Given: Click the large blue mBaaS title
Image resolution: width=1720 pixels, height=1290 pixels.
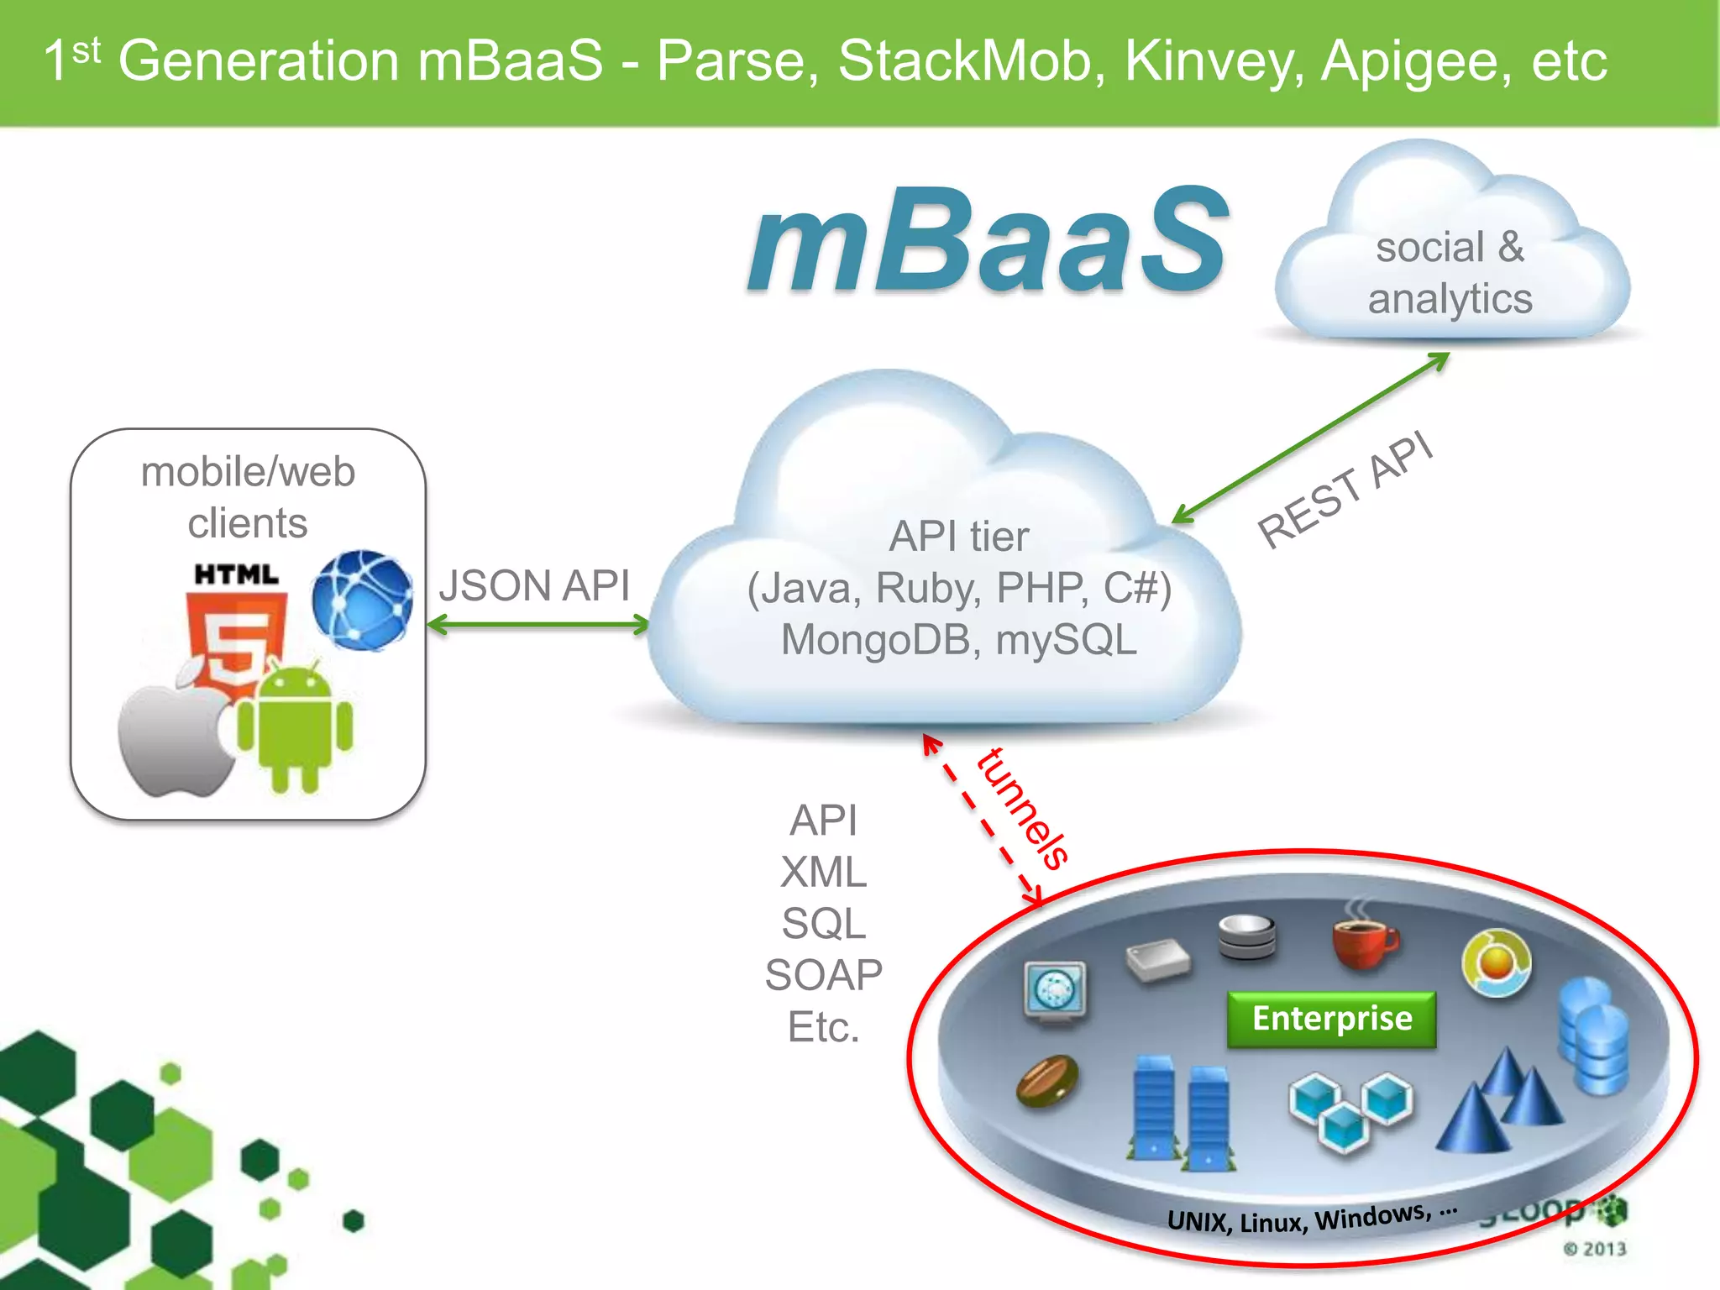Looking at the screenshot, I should pyautogui.click(x=988, y=242).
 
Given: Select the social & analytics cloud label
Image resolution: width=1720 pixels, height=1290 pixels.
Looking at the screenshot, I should pyautogui.click(x=1450, y=273).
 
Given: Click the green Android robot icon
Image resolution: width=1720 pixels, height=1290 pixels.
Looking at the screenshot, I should pyautogui.click(x=295, y=727).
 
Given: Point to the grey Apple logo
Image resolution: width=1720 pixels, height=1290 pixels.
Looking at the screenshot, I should pyautogui.click(x=175, y=735).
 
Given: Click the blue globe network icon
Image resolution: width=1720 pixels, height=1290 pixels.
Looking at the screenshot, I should pyautogui.click(x=362, y=600).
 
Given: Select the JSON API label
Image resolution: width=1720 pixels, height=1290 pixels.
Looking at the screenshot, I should pyautogui.click(x=534, y=585).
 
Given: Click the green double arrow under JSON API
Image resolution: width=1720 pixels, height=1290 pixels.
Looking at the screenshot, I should pyautogui.click(x=537, y=625).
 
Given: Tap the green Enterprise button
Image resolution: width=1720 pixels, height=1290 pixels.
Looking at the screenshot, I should pyautogui.click(x=1331, y=1019).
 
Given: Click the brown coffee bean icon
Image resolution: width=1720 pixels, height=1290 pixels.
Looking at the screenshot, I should pyautogui.click(x=1047, y=1082).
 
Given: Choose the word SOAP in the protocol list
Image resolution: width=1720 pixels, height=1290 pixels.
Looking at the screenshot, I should pyautogui.click(x=823, y=975).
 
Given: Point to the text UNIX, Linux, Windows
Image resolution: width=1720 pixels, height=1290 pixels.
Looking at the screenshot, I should pyautogui.click(x=1310, y=1219).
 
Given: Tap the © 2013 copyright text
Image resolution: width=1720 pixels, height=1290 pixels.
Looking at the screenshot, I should pyautogui.click(x=1594, y=1249).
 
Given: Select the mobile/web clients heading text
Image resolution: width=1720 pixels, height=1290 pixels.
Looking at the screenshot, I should pyautogui.click(x=248, y=497).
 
